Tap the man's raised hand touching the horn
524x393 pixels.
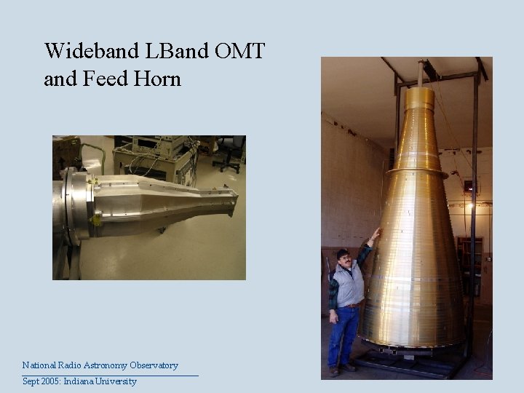coord(375,234)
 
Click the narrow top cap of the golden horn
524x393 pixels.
coord(419,98)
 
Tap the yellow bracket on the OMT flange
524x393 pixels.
coord(95,218)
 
